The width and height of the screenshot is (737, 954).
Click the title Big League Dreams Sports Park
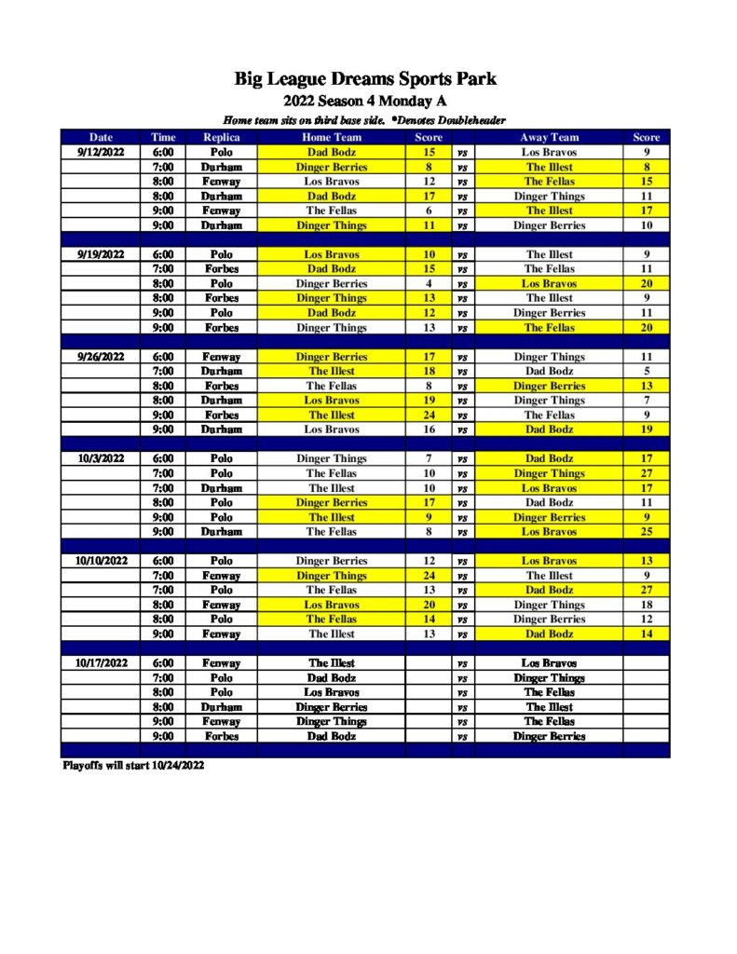coord(365,79)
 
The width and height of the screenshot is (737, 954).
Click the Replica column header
coord(221,138)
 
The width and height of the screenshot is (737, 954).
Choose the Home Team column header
coord(331,138)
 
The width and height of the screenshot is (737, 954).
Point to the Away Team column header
coord(549,138)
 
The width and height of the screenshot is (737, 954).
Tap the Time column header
coord(163,138)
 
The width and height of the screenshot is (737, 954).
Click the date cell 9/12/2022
coord(101,152)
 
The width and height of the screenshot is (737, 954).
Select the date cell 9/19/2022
coord(101,254)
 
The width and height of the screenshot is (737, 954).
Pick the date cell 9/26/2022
coord(101,357)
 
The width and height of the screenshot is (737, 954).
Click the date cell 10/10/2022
coord(101,561)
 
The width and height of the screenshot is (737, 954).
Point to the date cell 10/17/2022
coord(101,663)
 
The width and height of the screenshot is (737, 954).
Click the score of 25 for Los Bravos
coord(646,532)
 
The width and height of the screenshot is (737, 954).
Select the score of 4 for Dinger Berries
coord(429,283)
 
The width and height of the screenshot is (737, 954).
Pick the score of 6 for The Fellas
coord(429,211)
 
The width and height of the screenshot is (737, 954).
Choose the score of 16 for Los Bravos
coord(429,429)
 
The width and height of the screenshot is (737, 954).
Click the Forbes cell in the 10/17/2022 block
coord(221,736)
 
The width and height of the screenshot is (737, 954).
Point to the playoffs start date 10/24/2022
coord(172,766)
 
